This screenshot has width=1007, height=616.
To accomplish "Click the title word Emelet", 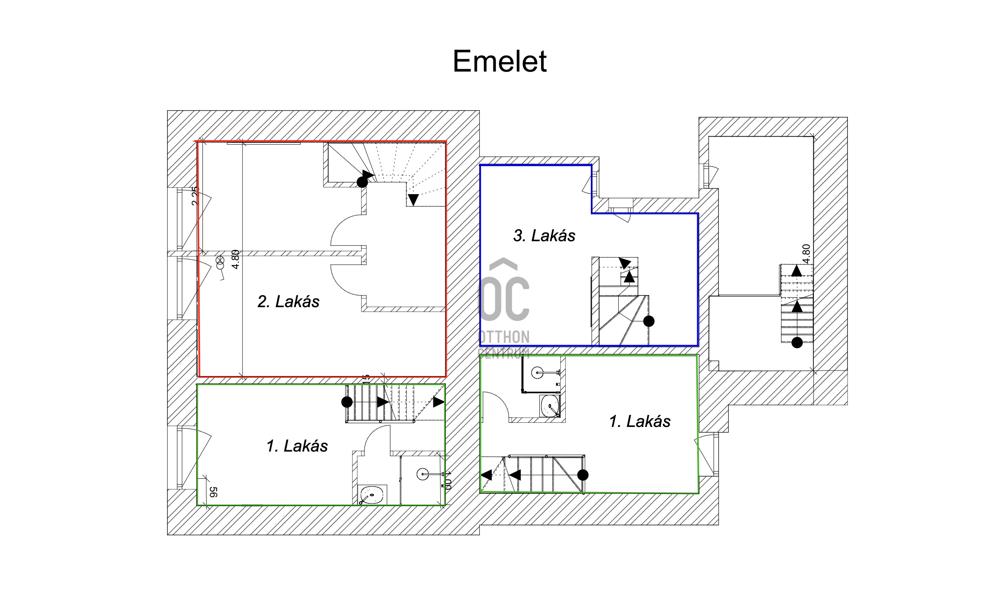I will [x=500, y=62].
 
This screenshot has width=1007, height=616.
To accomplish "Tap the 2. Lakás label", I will [x=288, y=301].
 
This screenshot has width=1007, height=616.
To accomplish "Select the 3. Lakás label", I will [x=544, y=236].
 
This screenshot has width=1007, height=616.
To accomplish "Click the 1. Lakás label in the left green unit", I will [x=297, y=446].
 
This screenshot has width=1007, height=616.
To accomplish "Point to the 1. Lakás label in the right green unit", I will [x=640, y=422].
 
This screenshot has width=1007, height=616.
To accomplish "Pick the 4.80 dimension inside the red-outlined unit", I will [x=235, y=259].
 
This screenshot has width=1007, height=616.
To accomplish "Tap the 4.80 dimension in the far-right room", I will [x=806, y=254].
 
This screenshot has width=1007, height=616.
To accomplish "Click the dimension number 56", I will [x=213, y=492].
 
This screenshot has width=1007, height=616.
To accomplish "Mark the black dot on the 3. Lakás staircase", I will [x=649, y=321].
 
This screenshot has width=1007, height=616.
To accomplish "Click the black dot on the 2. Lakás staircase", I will [x=362, y=182].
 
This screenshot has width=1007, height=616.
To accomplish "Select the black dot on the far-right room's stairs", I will [x=797, y=343].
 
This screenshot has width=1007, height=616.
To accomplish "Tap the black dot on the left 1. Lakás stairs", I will [x=347, y=402].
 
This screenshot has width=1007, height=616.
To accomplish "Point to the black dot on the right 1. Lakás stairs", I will [x=583, y=475].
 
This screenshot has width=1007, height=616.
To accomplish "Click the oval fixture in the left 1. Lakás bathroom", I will [x=372, y=495].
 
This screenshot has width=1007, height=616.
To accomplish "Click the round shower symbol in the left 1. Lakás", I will [x=423, y=474].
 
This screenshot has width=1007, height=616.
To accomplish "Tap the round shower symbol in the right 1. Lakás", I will [x=537, y=373].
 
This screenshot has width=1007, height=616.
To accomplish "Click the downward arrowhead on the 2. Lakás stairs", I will [x=413, y=200].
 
